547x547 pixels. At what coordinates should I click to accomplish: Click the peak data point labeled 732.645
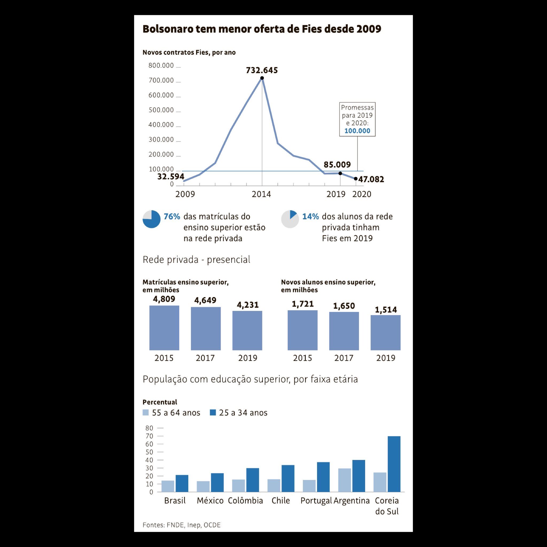(x=262, y=78)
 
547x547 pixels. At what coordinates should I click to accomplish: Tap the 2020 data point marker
(x=355, y=179)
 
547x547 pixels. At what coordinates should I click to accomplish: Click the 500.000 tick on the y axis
(x=161, y=110)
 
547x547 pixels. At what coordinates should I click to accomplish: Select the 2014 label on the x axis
(x=261, y=194)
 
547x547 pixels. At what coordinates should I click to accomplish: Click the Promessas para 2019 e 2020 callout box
(x=357, y=119)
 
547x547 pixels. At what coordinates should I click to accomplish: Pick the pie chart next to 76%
(x=151, y=219)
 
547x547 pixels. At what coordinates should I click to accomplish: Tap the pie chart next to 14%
(x=290, y=219)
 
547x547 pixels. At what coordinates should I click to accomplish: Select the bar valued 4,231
(x=247, y=330)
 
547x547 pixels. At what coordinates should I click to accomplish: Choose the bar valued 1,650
(x=344, y=331)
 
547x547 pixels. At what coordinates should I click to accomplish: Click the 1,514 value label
(x=386, y=310)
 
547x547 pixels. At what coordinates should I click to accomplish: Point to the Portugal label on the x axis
(x=316, y=501)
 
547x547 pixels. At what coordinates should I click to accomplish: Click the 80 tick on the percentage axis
(x=149, y=428)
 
